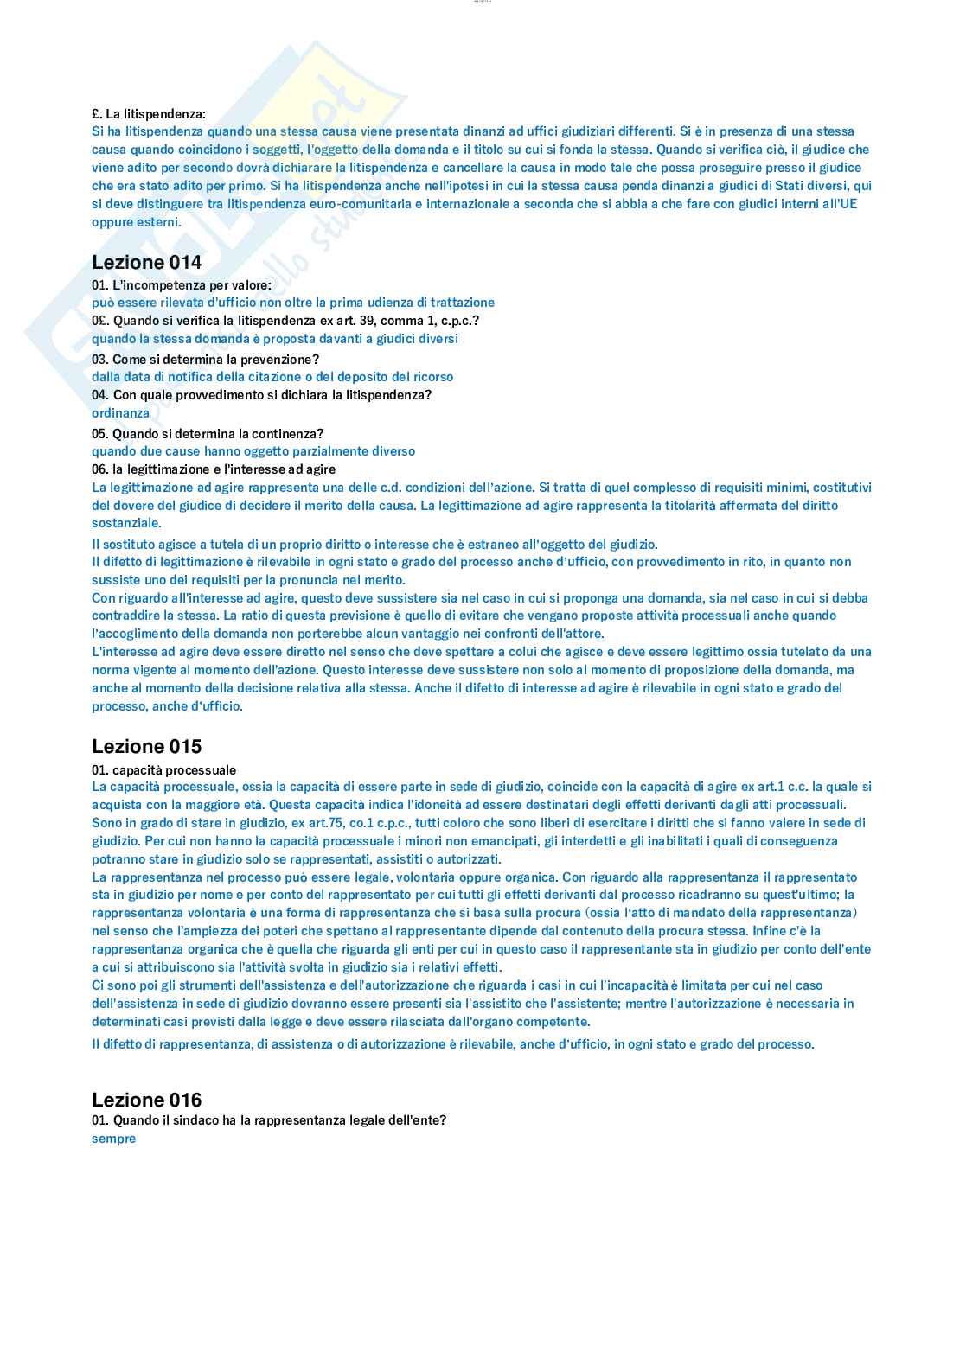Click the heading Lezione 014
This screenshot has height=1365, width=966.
click(x=146, y=262)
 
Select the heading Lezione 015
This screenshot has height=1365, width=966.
click(x=146, y=746)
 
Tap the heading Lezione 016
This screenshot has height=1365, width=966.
click(x=146, y=1100)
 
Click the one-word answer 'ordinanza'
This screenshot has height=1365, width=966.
click(x=120, y=413)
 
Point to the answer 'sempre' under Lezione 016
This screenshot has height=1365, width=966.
click(x=113, y=1139)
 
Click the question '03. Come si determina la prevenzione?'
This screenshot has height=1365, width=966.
click(x=205, y=359)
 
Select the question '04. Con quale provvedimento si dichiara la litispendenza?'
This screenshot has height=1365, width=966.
click(x=261, y=395)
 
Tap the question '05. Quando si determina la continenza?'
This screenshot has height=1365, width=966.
click(x=208, y=433)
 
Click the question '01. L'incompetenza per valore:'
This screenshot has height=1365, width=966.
click(x=181, y=284)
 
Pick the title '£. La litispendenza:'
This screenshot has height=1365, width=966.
click(x=149, y=113)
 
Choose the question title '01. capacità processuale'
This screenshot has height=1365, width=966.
click(x=163, y=769)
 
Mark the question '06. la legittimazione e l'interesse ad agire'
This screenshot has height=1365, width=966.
click(x=214, y=469)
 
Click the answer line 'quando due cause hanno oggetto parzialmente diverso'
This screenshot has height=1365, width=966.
click(x=253, y=451)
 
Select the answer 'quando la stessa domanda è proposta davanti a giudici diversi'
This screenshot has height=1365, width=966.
click(x=275, y=339)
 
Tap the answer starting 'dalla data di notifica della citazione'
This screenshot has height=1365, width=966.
click(x=272, y=377)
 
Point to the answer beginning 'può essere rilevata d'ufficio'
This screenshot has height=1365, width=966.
click(x=293, y=303)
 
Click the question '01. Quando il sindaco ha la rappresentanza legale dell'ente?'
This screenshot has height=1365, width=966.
click(x=269, y=1120)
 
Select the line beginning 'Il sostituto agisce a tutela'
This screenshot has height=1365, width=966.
click(x=374, y=544)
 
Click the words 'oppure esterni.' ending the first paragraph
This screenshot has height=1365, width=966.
click(x=137, y=222)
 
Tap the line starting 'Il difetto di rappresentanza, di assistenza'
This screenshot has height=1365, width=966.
click(x=453, y=1043)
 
